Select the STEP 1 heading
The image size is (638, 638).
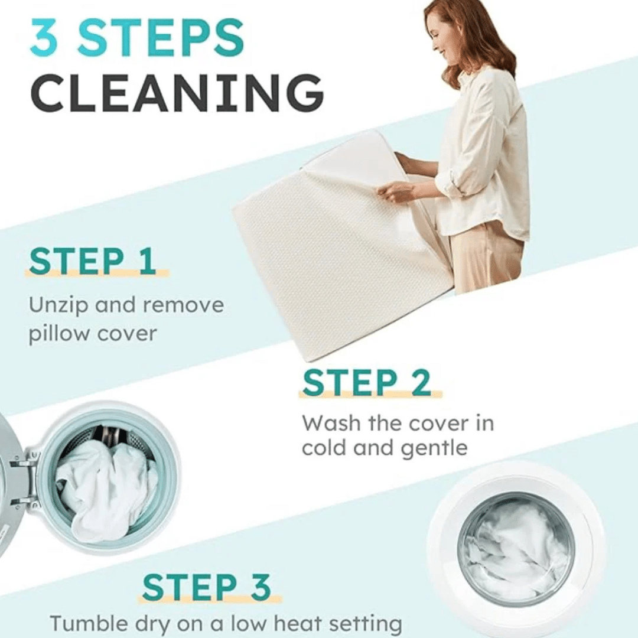coord(93,261)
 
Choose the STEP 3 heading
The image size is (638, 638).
coord(207,587)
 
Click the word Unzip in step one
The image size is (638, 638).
coord(58,305)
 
